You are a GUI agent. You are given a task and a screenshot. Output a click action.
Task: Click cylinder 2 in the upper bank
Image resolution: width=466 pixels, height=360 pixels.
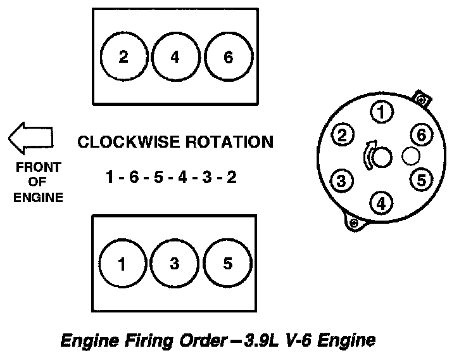(123, 57)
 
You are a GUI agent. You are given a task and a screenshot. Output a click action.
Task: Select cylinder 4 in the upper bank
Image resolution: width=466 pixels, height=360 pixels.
(175, 57)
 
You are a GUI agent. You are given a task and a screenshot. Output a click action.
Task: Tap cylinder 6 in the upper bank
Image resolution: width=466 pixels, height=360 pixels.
(228, 57)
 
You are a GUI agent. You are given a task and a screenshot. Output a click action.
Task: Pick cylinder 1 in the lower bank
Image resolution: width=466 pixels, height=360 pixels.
(122, 264)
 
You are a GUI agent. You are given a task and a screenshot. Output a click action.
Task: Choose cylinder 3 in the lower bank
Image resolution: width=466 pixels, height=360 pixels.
(175, 264)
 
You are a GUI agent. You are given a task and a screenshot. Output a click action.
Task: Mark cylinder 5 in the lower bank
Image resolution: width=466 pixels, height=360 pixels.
(227, 264)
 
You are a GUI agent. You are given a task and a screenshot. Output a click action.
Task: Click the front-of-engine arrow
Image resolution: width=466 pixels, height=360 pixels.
(30, 138)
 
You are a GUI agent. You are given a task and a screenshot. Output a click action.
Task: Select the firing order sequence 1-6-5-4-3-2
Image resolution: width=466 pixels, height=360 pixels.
(171, 177)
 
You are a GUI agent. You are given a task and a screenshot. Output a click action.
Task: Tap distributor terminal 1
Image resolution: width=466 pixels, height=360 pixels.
(381, 113)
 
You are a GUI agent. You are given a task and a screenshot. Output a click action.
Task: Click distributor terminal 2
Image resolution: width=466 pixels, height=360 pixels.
(343, 135)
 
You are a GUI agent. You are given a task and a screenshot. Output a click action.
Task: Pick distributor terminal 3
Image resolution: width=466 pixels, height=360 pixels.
(342, 180)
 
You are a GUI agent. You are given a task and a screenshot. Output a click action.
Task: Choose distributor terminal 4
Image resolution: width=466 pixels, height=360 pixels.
(381, 203)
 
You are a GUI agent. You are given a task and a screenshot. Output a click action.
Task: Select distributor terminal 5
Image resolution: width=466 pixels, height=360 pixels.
(420, 180)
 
